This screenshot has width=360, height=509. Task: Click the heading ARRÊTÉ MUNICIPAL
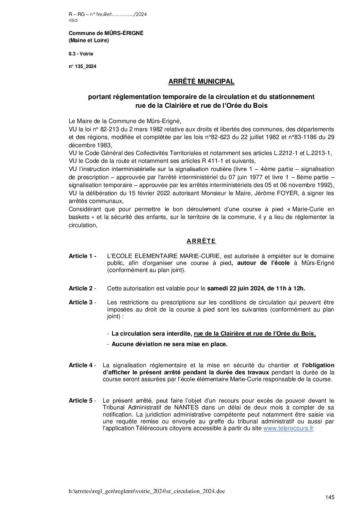point(201,82)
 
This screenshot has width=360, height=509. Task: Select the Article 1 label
point(82,256)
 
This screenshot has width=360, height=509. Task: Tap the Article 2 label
point(82,288)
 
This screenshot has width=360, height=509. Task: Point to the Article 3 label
point(82,302)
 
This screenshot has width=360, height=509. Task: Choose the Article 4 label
point(82,365)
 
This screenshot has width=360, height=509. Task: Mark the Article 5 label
point(82,401)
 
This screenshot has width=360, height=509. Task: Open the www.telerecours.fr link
point(288,428)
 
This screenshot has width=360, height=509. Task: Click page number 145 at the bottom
point(330,497)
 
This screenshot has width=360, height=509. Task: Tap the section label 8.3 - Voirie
point(81,54)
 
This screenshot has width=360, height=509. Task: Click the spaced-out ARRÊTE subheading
point(201,241)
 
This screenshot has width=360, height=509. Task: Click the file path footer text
point(147,491)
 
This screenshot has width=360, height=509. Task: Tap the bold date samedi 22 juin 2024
point(235,288)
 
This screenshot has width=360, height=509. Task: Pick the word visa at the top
point(73,20)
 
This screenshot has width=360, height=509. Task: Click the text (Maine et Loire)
point(88,40)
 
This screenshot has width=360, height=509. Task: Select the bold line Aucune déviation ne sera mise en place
point(169,344)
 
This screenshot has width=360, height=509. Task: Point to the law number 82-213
point(109,129)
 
